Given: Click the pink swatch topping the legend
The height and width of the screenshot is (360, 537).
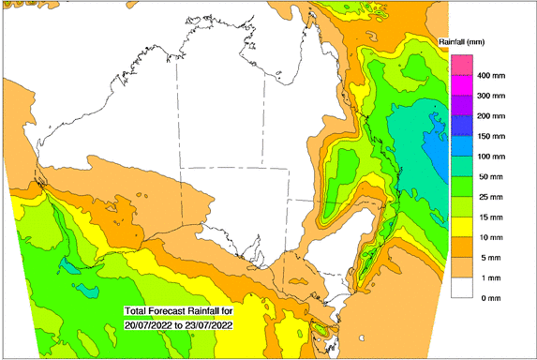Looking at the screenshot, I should (461, 65).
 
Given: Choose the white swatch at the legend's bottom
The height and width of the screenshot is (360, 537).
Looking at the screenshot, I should (461, 287).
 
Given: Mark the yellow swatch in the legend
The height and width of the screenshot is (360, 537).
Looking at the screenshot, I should (461, 226).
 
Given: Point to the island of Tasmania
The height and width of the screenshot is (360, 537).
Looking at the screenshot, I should (322, 332).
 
